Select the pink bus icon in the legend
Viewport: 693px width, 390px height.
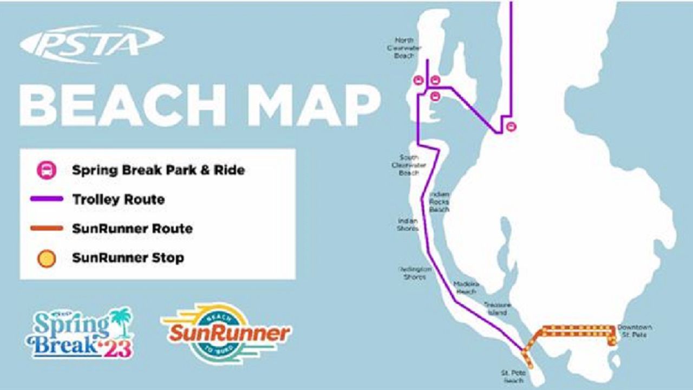click(47, 171)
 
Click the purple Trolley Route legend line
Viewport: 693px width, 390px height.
click(47, 200)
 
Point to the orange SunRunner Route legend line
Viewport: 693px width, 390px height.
click(47, 229)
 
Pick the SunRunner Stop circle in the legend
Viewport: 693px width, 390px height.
click(47, 258)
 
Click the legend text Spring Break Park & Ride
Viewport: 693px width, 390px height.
click(158, 171)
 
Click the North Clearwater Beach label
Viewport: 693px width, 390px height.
click(404, 48)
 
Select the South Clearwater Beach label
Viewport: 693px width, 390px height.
click(409, 165)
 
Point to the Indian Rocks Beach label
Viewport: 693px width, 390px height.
click(439, 201)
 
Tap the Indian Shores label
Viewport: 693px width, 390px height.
click(408, 224)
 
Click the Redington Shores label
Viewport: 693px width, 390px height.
click(414, 272)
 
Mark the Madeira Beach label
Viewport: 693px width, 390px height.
click(466, 288)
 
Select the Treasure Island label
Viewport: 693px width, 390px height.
click(496, 309)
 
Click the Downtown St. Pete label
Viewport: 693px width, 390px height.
click(635, 331)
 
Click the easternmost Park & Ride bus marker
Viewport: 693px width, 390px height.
click(511, 127)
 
